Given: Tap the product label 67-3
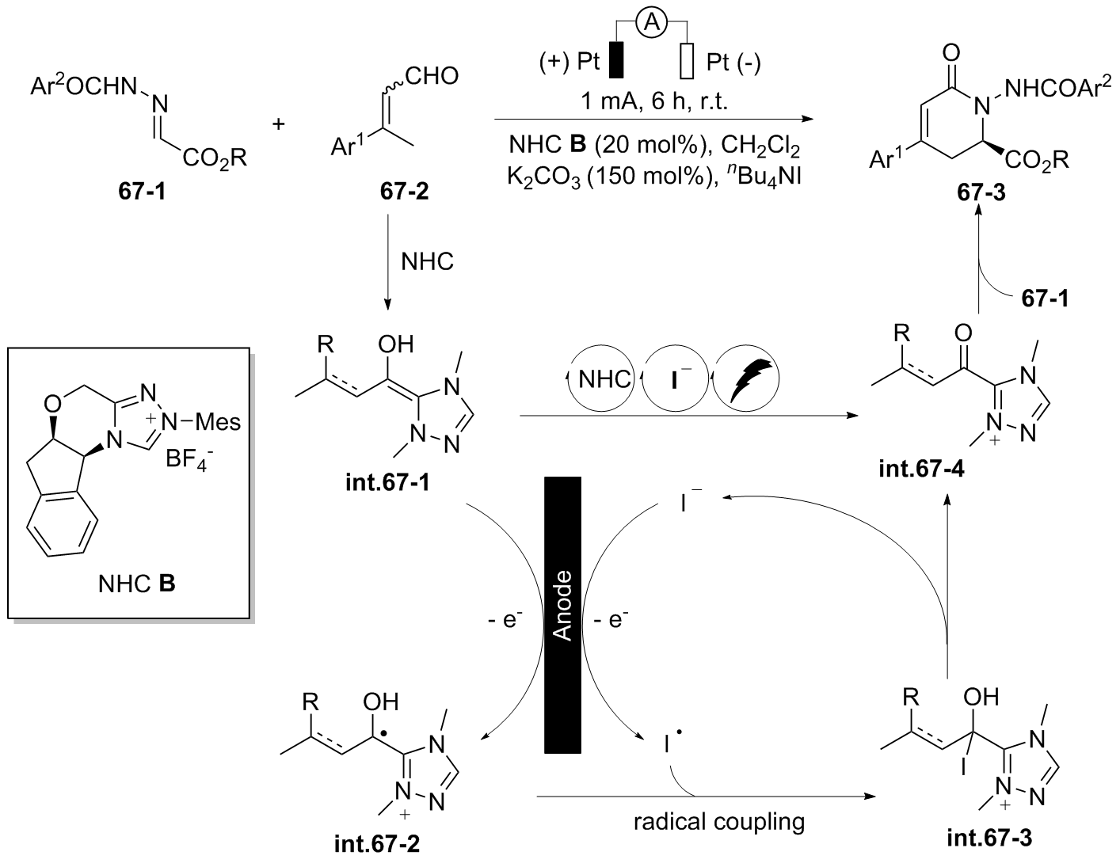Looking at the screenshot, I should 979,192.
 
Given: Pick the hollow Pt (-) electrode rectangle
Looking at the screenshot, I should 687,60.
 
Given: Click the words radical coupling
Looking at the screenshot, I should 719,822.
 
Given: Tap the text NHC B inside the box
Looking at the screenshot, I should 137,584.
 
